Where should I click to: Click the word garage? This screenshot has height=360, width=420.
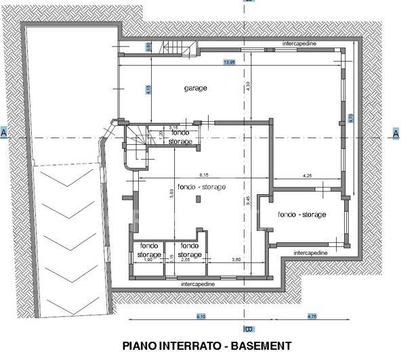(195, 88)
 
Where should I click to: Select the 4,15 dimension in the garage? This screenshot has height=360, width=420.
(148, 88)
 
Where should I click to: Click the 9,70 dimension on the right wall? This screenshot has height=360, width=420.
(350, 117)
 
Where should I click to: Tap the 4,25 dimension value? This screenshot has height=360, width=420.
(306, 177)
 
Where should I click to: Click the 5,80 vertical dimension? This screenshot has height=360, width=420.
(172, 193)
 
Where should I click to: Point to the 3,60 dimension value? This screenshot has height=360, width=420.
(236, 260)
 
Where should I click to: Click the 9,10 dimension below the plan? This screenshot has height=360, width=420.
(201, 316)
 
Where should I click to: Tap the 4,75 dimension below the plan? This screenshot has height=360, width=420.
(312, 316)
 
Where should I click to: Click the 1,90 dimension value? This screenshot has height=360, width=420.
(148, 260)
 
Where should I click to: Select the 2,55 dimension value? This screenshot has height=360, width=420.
(185, 260)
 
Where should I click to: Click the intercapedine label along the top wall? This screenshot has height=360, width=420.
(299, 43)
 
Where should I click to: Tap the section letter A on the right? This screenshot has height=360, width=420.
(396, 134)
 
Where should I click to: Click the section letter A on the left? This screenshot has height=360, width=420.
(4, 134)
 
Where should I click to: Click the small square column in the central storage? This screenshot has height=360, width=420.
(198, 198)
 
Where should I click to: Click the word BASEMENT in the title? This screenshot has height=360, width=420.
(261, 346)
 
